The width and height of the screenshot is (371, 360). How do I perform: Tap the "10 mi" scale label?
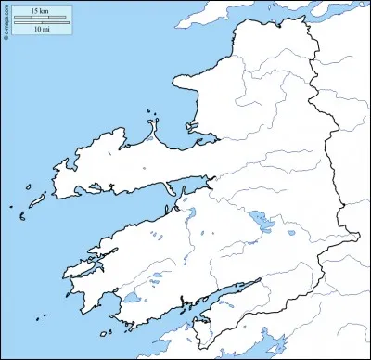coord(39,30)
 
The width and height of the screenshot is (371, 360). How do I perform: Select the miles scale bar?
coord(40,22)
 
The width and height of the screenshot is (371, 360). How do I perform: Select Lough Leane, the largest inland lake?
coord(256,222)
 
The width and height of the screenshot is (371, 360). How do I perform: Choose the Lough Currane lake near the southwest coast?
coord(132,298)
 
